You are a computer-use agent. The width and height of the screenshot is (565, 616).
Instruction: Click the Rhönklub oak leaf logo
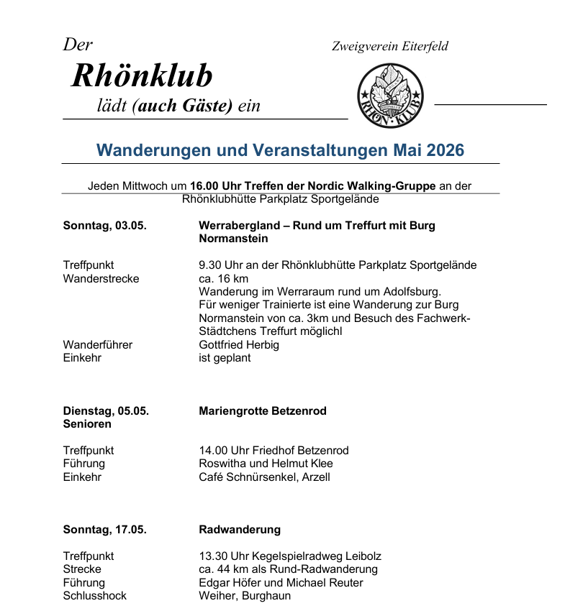[390, 96]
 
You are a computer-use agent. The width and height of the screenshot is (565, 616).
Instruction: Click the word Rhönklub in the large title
[142, 75]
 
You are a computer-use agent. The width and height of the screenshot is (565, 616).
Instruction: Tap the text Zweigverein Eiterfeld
[389, 47]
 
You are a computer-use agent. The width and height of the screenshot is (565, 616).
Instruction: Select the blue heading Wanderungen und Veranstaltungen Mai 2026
[281, 150]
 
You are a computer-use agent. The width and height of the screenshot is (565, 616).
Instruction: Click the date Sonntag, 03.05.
[105, 226]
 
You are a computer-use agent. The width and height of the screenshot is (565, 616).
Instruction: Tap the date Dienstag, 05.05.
[106, 411]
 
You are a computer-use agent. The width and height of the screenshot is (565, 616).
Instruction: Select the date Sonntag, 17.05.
[105, 530]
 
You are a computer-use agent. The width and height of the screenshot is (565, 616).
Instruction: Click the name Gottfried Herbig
[239, 345]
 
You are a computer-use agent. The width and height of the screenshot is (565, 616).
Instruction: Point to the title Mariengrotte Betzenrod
[263, 411]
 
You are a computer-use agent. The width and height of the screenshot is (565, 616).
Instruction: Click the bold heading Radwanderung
[240, 530]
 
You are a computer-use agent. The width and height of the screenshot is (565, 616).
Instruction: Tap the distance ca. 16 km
[223, 278]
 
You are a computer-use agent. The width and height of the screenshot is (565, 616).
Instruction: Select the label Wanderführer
[98, 345]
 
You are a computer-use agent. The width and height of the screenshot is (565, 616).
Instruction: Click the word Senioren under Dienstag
[88, 424]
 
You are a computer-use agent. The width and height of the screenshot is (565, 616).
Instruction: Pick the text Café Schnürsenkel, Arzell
[264, 477]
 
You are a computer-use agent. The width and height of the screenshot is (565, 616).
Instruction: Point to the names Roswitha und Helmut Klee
[266, 464]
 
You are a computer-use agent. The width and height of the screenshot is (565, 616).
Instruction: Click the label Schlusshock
[95, 595]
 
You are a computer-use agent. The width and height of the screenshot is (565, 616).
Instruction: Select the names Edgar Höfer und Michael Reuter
[281, 582]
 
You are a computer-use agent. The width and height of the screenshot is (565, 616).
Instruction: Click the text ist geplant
[225, 358]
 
